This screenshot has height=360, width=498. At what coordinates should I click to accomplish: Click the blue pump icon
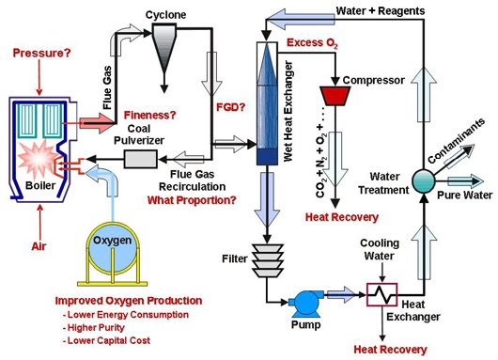303,302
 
